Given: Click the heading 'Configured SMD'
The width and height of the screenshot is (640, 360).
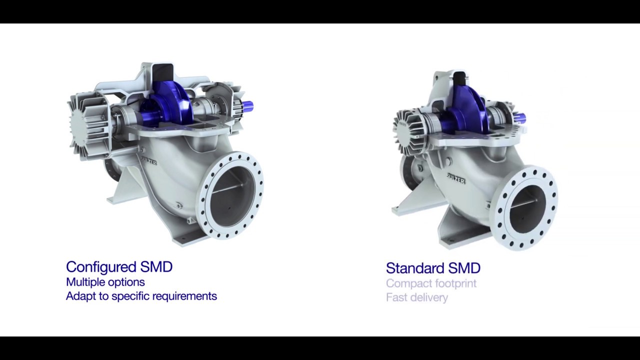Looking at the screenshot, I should tap(119, 267).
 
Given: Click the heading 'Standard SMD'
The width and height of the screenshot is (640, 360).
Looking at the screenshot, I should tap(433, 268).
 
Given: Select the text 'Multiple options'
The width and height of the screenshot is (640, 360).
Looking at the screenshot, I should tap(105, 282).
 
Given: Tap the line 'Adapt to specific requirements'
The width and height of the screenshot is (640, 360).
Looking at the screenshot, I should tap(141, 296).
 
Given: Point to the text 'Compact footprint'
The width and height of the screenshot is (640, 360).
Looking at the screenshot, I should tap(431, 283).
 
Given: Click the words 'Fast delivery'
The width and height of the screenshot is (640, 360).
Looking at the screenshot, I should tap(417, 297).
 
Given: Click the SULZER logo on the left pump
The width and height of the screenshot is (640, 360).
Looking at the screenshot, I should tap(148, 160).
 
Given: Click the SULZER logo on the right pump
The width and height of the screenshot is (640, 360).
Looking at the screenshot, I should tap(455, 178).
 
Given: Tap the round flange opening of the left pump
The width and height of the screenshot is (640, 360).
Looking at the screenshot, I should tap(232, 195).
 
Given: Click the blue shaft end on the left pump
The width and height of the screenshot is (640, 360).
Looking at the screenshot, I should tap(247, 106).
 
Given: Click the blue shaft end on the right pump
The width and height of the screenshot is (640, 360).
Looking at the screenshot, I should tap(520, 118).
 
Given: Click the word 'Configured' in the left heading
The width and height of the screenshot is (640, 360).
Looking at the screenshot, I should tap(100, 267).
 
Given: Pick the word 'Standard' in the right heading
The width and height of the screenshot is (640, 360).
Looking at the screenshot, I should tap(414, 268).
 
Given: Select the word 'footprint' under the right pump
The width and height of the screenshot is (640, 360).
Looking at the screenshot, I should tap(455, 283).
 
